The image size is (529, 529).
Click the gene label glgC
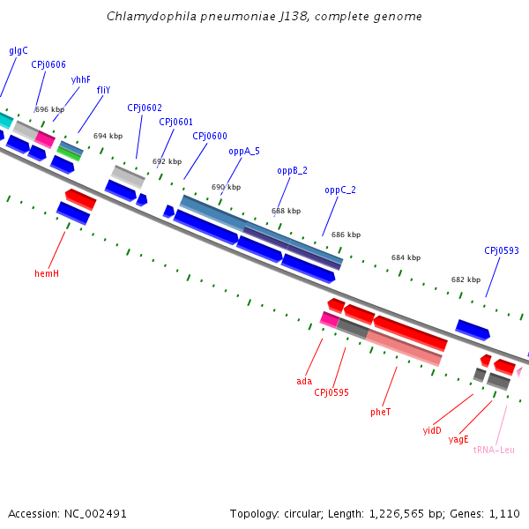[x=19, y=50]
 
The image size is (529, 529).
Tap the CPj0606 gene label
[x=48, y=64]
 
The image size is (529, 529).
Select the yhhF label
[x=81, y=79]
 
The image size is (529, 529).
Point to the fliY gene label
[x=103, y=90]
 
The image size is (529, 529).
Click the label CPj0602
[x=145, y=108]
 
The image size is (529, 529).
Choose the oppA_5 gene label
[x=244, y=151]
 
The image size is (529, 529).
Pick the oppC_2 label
[x=340, y=190]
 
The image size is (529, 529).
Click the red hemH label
[x=47, y=273]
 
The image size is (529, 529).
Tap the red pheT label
[x=381, y=412]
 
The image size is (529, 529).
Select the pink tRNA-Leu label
[x=494, y=450]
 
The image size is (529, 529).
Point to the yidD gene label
[x=432, y=430]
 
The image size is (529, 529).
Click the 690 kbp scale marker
[x=226, y=187]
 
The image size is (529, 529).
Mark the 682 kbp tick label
[x=466, y=279]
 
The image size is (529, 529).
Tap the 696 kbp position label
[x=48, y=109]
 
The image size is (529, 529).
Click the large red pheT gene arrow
[x=410, y=332]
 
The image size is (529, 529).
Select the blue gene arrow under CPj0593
[x=473, y=330]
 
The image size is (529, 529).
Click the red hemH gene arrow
[x=80, y=198]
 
